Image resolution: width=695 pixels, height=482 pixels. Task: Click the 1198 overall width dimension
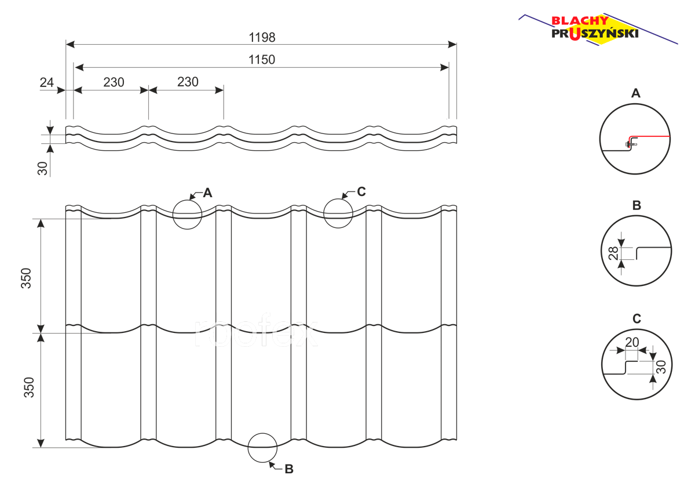click(x=262, y=37)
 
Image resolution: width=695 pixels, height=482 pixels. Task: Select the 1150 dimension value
click(x=262, y=59)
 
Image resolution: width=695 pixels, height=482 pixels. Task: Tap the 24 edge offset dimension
click(x=46, y=82)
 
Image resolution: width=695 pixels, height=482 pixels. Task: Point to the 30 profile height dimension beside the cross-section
click(x=42, y=168)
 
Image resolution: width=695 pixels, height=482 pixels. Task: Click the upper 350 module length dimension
click(x=26, y=278)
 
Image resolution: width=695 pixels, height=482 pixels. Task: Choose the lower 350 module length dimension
click(x=29, y=387)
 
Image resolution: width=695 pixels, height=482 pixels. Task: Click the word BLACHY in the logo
click(x=580, y=20)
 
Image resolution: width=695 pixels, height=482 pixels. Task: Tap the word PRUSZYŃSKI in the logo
click(x=595, y=34)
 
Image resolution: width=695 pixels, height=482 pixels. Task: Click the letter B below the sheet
click(x=289, y=469)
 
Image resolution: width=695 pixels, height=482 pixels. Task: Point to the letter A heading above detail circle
click(x=636, y=93)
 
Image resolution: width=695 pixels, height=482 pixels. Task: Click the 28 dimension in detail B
click(x=613, y=253)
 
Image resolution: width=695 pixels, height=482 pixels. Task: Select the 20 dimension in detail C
click(x=632, y=342)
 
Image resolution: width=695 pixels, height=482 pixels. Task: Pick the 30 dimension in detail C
click(x=661, y=367)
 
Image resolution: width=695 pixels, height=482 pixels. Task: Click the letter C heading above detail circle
click(x=637, y=319)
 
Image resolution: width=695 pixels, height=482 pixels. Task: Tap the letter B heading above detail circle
click(x=637, y=205)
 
